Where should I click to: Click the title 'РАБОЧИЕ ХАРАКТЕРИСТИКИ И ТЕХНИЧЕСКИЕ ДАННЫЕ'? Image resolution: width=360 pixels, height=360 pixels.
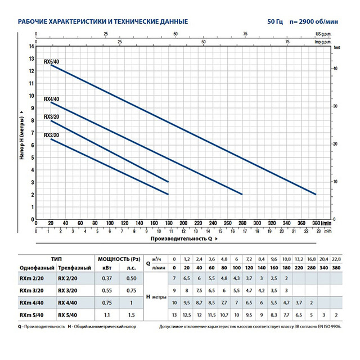pyautogui.click(x=103, y=22)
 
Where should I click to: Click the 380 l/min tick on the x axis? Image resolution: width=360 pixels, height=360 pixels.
pyautogui.click(x=317, y=223)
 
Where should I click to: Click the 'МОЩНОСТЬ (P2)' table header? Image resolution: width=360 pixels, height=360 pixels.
pyautogui.click(x=118, y=258)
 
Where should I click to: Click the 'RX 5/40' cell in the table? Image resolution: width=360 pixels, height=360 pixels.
pyautogui.click(x=70, y=316)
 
